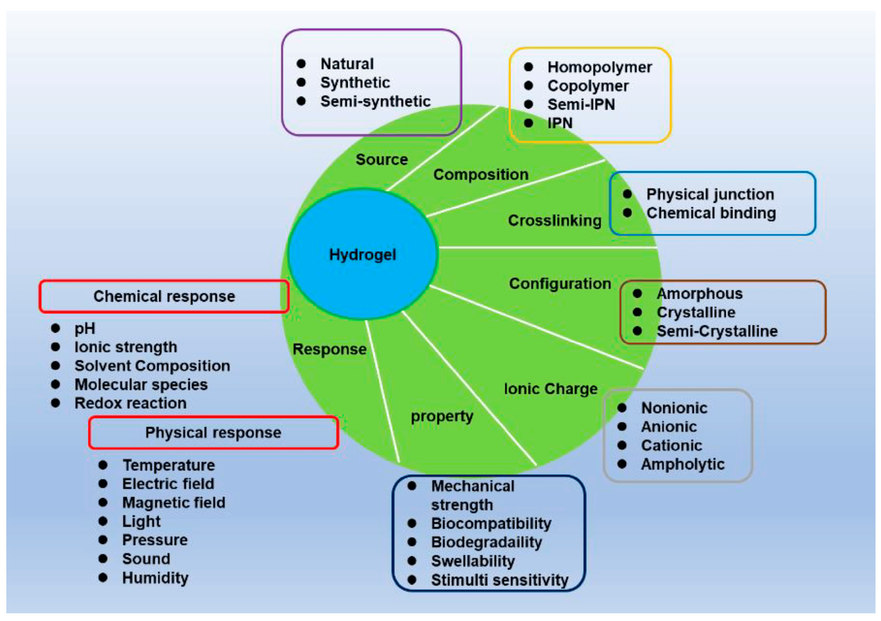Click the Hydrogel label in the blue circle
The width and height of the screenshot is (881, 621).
(363, 255)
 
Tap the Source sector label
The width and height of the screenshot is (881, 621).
(382, 159)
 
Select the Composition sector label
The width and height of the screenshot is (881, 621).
(481, 175)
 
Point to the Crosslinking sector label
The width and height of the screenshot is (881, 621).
(554, 220)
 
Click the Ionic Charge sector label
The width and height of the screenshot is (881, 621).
(551, 389)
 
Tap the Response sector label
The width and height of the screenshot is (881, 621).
(330, 349)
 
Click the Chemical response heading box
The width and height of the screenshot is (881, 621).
(164, 297)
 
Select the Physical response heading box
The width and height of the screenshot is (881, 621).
(213, 433)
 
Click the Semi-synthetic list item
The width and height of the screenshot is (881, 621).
(375, 101)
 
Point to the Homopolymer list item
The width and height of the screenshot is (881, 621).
(599, 67)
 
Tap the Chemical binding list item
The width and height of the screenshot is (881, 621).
(711, 213)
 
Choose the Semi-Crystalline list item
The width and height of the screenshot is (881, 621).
(717, 331)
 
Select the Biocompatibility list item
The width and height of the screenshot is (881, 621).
(491, 523)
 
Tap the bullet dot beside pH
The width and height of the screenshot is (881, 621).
(56, 328)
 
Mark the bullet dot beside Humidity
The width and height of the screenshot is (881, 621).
(103, 578)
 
